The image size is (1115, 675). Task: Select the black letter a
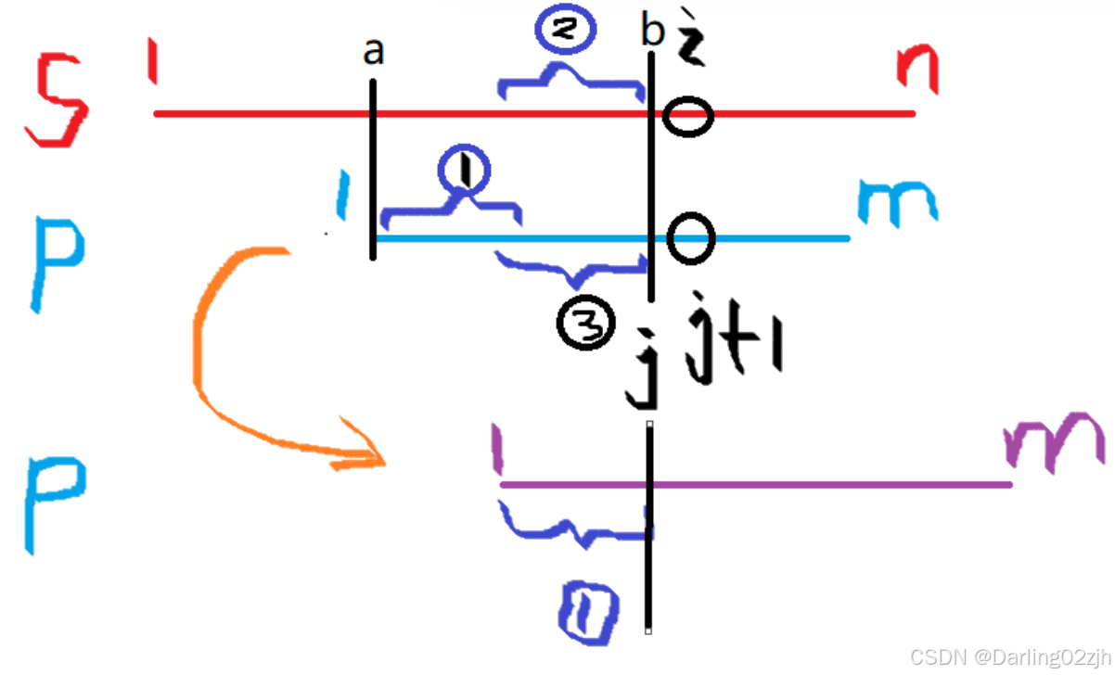click(373, 54)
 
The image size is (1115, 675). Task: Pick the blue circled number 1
click(466, 171)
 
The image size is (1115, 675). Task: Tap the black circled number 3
click(586, 324)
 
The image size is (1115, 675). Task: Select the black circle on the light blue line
click(691, 237)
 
